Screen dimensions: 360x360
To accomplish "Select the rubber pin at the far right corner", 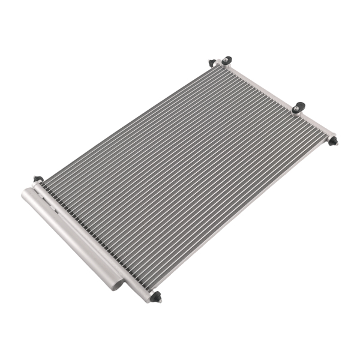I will click(x=334, y=140).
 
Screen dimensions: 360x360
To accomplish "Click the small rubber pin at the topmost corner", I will click(x=212, y=62).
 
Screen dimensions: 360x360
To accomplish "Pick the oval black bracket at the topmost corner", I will click(x=226, y=61).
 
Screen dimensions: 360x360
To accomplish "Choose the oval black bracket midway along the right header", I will click(x=298, y=107).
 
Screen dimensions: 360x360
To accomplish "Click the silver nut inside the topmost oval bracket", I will click(x=227, y=60).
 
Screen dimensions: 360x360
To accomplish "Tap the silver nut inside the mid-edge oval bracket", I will click(x=299, y=106).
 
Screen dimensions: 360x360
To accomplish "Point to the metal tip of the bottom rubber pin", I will click(x=160, y=300).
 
